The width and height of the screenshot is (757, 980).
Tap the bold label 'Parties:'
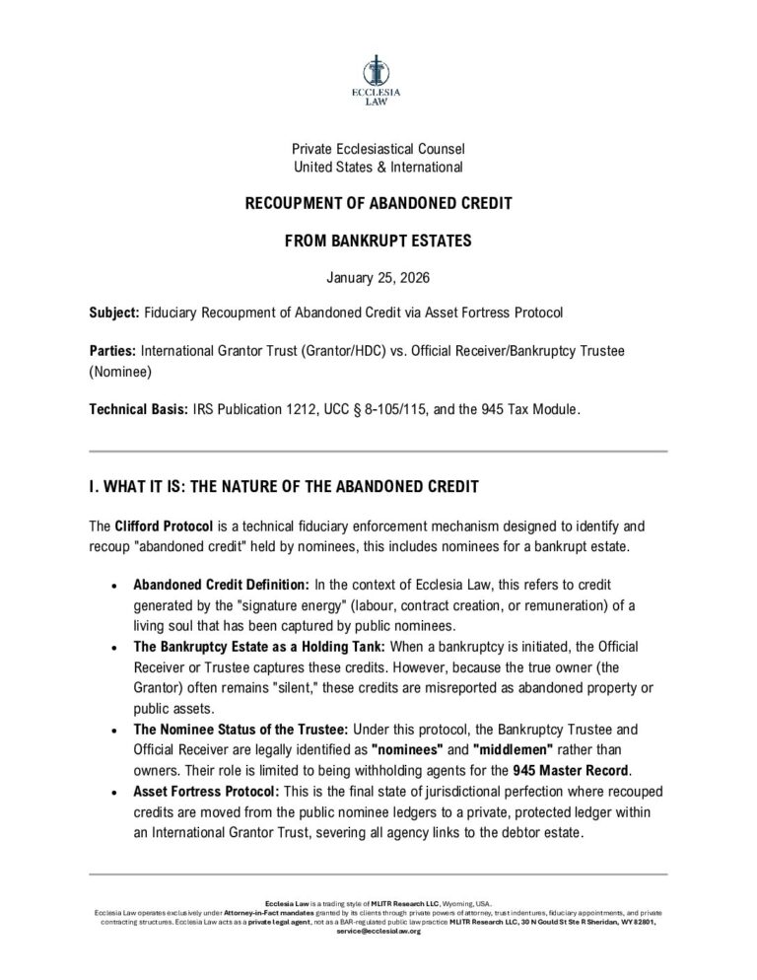pos(112,350)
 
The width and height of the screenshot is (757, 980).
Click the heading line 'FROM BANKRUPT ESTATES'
pos(378,239)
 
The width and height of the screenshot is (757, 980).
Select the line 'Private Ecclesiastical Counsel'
pos(378,149)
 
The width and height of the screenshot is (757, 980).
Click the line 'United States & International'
pos(378,168)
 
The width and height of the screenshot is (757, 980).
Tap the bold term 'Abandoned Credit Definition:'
pos(222,586)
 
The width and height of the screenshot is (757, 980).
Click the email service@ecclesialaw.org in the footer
pos(378,931)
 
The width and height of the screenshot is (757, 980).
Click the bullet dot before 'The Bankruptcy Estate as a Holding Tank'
pos(116,647)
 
